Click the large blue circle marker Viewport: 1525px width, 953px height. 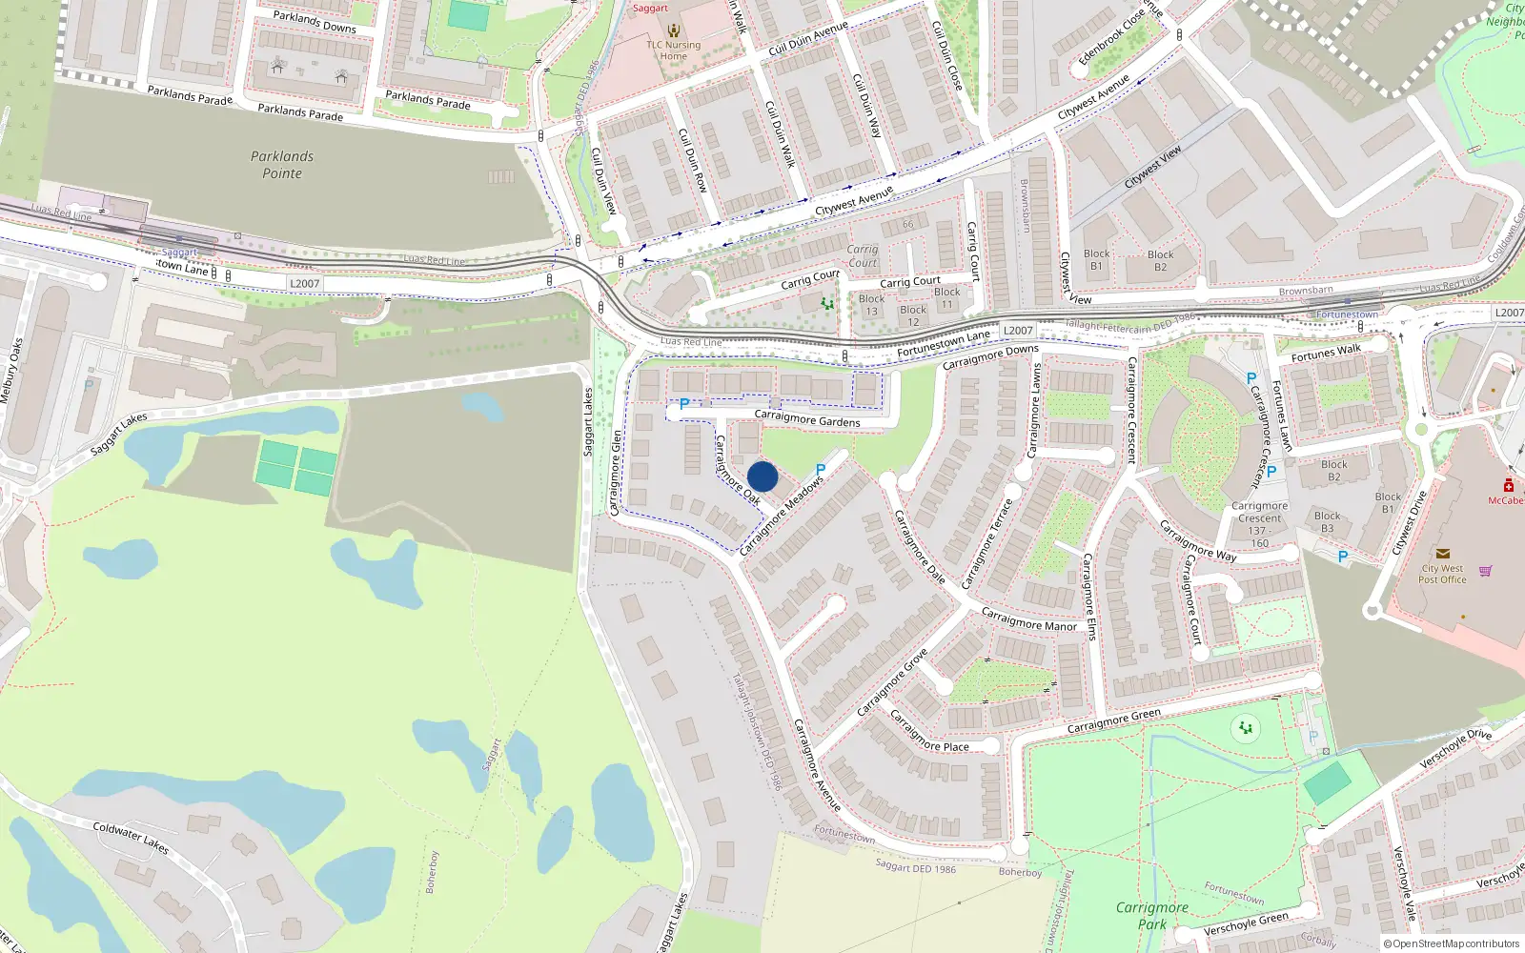coord(762,476)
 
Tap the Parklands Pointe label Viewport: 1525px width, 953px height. coord(282,165)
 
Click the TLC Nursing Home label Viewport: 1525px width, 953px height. coord(674,50)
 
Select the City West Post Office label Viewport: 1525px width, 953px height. coord(1442,574)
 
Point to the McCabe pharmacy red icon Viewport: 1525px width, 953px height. coord(1509,485)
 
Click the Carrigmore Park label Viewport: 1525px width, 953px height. coord(1151,916)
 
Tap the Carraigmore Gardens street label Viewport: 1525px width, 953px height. coord(807,418)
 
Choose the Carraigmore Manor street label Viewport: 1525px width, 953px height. coord(1028,619)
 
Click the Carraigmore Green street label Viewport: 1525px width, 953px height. coord(1113,721)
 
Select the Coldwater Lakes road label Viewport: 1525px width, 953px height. coord(131,838)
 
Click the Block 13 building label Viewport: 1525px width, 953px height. coord(871,305)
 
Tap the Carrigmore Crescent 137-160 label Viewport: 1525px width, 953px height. coord(1259,525)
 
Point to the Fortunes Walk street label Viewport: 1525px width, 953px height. coord(1326,353)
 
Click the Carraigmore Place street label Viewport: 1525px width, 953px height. coord(929,732)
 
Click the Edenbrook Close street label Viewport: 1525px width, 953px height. coord(1111,38)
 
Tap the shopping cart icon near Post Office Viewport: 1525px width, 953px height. coord(1486,571)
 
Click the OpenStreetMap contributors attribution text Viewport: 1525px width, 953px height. coord(1455,943)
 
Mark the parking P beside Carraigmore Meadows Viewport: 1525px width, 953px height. coord(821,470)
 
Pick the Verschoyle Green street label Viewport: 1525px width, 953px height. coord(1246,923)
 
